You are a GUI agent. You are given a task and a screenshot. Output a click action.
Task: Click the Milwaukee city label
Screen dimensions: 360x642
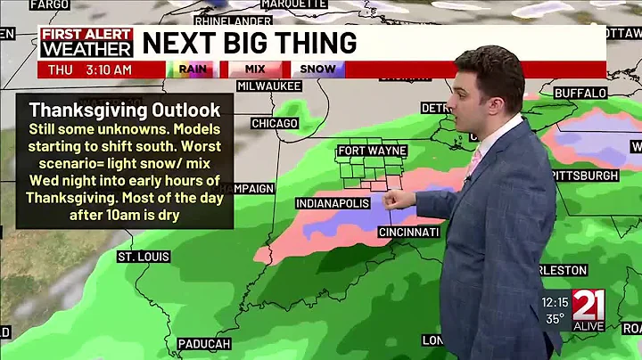268,86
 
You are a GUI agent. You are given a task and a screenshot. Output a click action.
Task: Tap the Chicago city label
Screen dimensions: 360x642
274,123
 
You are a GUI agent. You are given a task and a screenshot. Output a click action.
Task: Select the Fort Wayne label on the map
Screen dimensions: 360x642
372,151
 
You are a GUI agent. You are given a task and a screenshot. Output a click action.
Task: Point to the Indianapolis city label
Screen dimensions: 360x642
333,204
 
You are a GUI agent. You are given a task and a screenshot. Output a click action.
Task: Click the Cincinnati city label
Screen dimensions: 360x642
408,232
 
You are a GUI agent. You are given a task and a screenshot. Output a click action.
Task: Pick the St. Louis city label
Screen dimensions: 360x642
144,257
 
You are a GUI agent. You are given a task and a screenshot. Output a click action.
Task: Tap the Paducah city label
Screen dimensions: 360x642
204,344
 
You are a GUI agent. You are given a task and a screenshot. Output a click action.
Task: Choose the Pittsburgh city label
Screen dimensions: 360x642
584,176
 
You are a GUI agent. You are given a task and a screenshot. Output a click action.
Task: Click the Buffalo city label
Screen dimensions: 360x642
580,93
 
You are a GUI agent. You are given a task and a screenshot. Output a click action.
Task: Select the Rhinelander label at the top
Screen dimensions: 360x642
233,20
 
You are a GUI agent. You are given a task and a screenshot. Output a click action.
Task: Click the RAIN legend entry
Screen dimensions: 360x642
193,69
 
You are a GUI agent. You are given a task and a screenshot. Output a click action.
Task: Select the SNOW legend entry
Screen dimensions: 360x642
317,69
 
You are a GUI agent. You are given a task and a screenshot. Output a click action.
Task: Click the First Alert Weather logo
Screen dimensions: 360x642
86,42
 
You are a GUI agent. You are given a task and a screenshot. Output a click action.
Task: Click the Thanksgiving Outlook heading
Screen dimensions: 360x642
124,110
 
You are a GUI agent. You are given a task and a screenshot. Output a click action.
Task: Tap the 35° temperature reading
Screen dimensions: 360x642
556,318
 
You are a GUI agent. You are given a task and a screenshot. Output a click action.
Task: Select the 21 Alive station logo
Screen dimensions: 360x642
588,311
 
